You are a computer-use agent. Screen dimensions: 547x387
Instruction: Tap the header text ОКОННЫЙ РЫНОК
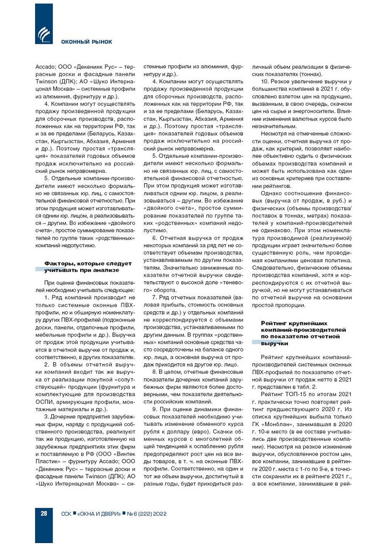pos(86,42)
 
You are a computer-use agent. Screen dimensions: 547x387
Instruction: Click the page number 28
pos(44,513)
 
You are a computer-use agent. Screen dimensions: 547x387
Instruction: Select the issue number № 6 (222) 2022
pos(147,514)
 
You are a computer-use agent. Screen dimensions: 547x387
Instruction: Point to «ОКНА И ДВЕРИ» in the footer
pos(99,514)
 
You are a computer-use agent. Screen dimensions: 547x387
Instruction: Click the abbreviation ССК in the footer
pos(66,514)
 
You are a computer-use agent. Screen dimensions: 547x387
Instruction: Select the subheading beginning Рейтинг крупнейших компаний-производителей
pos(303,333)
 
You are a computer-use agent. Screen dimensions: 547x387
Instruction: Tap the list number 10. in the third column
pos(265,82)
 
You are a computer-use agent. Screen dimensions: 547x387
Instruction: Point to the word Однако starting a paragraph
pos(271,194)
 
